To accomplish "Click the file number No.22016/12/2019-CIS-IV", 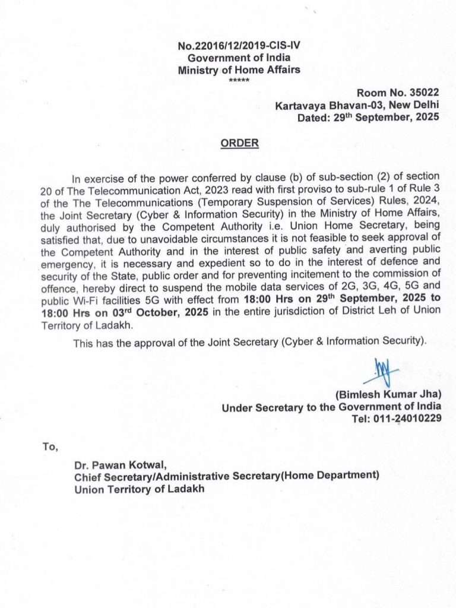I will [x=239, y=46].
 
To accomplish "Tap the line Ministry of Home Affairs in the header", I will [x=239, y=69].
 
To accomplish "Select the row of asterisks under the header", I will [x=239, y=80].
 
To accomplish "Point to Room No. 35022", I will [x=398, y=94].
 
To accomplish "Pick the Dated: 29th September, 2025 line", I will [x=368, y=117].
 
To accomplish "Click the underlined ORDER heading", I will [x=239, y=143].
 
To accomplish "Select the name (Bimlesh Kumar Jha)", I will [x=388, y=395].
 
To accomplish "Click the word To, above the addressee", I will [x=50, y=446].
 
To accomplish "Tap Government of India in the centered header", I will [x=239, y=58].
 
